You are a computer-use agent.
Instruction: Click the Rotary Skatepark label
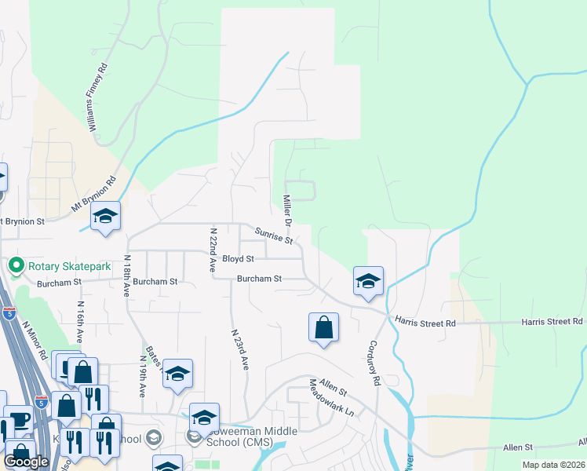70,266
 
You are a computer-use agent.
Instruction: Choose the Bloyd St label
238,258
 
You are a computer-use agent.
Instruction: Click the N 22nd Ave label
212,250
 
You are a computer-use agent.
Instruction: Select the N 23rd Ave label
239,349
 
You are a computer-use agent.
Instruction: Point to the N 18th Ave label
129,275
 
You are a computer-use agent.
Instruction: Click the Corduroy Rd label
375,362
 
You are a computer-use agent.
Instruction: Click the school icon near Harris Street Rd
367,282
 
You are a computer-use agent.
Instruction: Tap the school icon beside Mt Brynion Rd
105,217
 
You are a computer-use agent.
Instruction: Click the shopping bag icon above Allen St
324,328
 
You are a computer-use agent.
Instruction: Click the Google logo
25,462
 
